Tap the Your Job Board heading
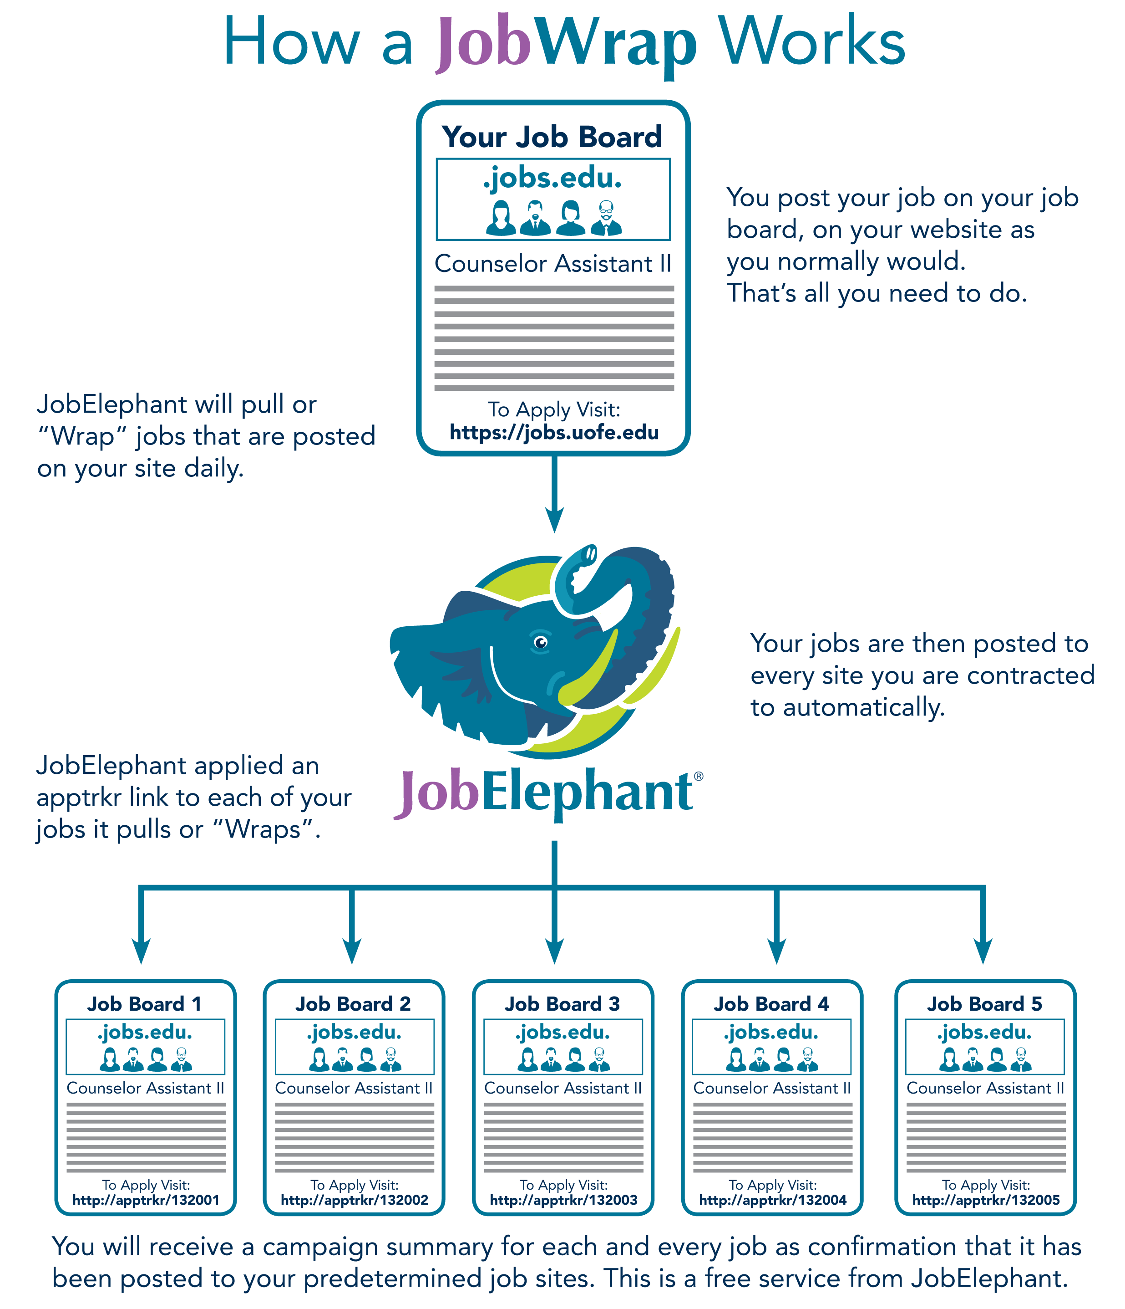(x=552, y=137)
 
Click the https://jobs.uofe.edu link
(x=554, y=433)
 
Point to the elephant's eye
(x=540, y=643)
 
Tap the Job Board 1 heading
(x=145, y=1004)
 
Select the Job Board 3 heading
(x=562, y=1004)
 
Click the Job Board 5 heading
(x=984, y=1004)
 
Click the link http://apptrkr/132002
(x=354, y=1200)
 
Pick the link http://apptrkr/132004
(x=772, y=1200)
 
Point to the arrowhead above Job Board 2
(x=352, y=950)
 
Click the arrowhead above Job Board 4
(x=776, y=950)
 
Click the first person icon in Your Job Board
(x=501, y=219)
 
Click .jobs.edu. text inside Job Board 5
(x=984, y=1032)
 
